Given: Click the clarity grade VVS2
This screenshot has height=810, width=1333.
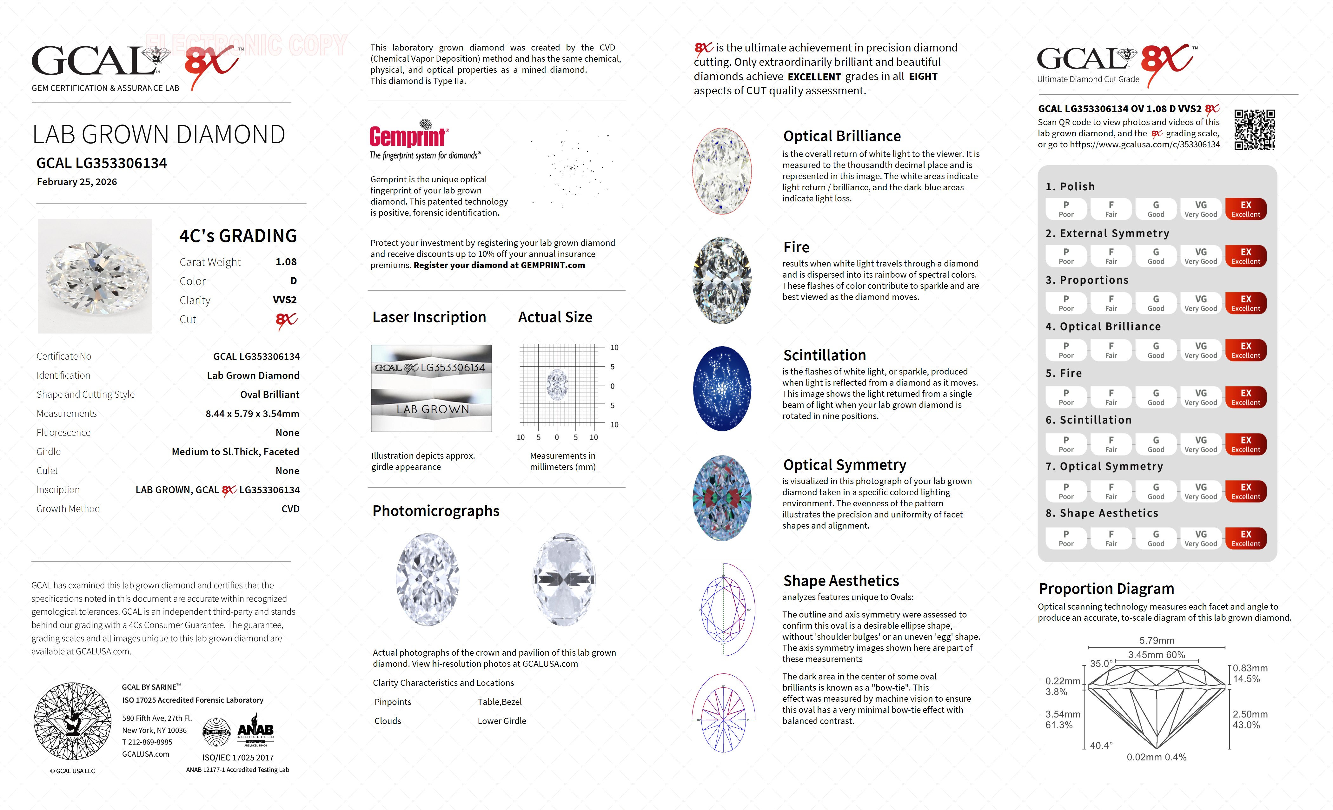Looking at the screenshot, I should (x=285, y=300).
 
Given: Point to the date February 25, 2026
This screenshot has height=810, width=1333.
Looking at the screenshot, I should (x=77, y=182).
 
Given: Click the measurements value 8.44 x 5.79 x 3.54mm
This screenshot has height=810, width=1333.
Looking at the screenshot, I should (x=252, y=414).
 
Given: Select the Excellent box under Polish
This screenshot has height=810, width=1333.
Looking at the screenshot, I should (x=1245, y=209).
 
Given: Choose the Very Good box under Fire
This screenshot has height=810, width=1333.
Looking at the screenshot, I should (x=1200, y=397).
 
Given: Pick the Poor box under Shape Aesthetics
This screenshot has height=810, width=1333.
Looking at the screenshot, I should (x=1066, y=538).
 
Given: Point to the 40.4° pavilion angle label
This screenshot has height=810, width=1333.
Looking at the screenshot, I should (x=1101, y=746).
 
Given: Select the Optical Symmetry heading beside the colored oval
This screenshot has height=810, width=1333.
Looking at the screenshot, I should (x=845, y=465).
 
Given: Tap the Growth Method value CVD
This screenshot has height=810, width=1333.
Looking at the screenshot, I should (x=290, y=509).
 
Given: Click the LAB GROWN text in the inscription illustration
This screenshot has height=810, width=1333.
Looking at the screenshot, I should (x=432, y=410).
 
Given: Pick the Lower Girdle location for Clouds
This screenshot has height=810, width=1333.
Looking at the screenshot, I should (x=501, y=721).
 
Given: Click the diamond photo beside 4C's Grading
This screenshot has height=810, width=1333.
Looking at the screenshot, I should (x=95, y=276).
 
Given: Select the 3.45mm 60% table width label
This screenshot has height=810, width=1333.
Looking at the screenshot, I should (x=1156, y=655).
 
